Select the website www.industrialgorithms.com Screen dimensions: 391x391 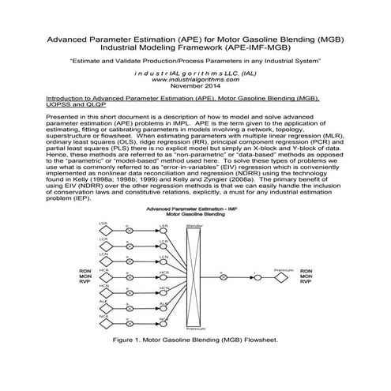tap(194, 80)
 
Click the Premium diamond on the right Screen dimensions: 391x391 tap(277, 278)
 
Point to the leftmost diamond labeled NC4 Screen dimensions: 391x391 tap(103, 321)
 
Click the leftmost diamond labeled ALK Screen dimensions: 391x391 tap(103, 306)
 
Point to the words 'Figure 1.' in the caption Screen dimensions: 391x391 tap(130, 343)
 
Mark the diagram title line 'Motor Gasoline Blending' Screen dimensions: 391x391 tap(194, 214)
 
